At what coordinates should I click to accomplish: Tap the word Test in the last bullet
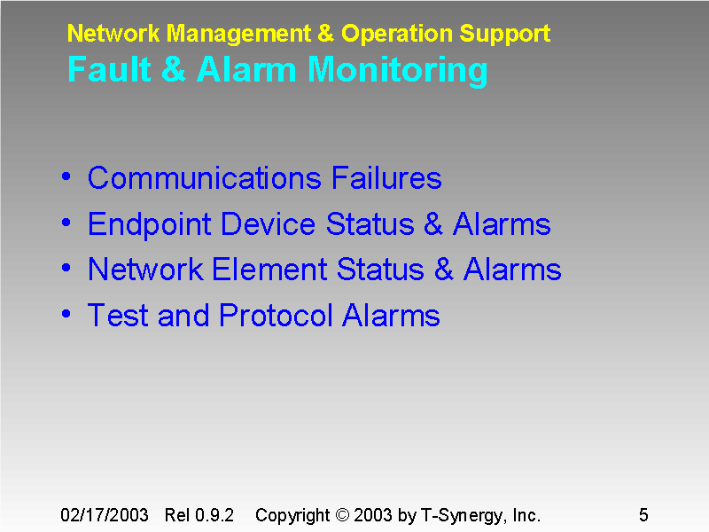[x=118, y=316]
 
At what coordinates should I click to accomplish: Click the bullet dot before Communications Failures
[x=67, y=178]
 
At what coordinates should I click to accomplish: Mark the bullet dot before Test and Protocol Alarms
[x=67, y=316]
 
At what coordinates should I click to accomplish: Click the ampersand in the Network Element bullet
[x=444, y=270]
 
